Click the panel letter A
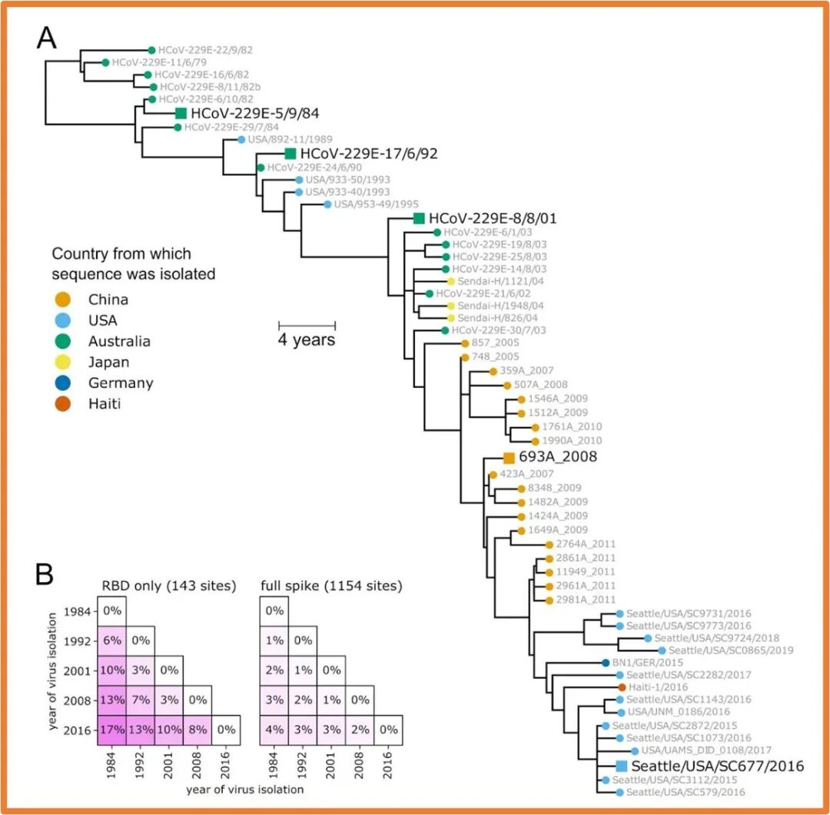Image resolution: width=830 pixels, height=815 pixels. click(48, 38)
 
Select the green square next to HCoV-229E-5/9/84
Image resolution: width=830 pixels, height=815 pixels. click(181, 113)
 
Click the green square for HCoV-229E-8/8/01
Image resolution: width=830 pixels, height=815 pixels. click(419, 218)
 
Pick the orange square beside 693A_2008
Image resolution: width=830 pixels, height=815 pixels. click(509, 457)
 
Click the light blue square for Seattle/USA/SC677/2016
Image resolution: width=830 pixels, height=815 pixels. click(622, 766)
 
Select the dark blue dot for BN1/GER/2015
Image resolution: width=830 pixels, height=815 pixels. click(605, 662)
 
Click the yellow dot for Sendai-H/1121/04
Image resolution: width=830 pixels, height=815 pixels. click(451, 281)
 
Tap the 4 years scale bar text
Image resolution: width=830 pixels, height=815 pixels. click(307, 339)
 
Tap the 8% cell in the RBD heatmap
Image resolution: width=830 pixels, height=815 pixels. click(197, 725)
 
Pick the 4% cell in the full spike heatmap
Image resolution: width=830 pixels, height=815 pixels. click(274, 725)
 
